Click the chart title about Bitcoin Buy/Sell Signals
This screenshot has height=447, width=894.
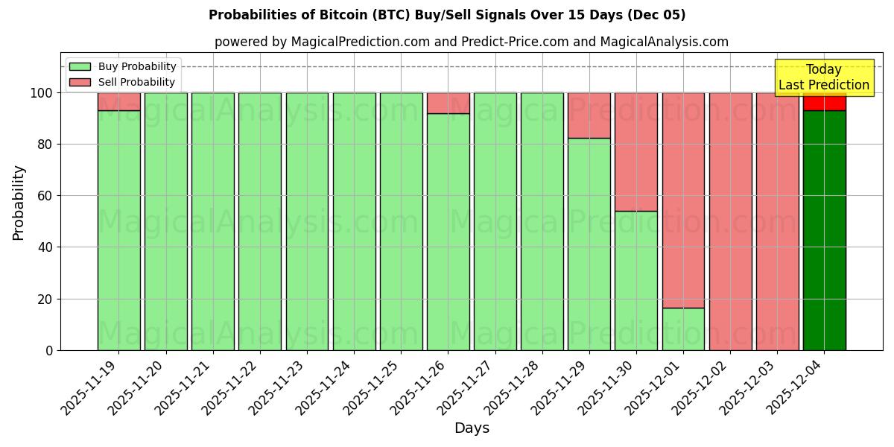click(x=447, y=15)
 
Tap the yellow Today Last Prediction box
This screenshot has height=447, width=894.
click(x=823, y=77)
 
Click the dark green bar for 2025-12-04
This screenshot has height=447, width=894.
click(x=824, y=231)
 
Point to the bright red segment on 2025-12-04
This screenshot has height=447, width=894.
click(x=824, y=103)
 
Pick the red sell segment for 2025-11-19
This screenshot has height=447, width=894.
click(x=118, y=101)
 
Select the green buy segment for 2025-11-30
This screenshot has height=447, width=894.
click(x=636, y=280)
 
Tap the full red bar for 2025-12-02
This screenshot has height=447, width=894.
click(x=730, y=221)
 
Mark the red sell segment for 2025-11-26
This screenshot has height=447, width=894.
click(x=448, y=103)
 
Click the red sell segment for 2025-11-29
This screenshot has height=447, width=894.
click(x=589, y=115)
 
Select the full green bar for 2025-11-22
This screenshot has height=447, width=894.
click(x=260, y=221)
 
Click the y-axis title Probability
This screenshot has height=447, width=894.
click(x=19, y=203)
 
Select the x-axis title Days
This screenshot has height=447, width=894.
click(x=472, y=428)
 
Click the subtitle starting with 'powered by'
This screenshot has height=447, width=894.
click(x=472, y=42)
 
